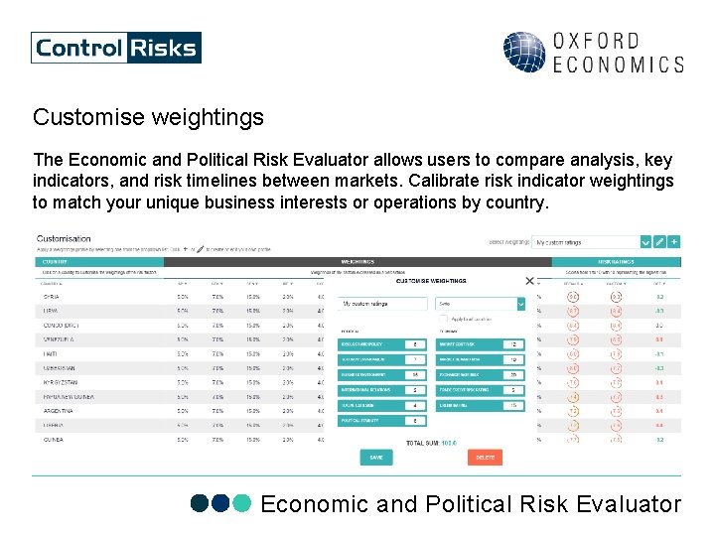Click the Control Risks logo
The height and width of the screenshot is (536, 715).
click(116, 48)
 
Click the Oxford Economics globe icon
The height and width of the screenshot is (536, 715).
click(523, 53)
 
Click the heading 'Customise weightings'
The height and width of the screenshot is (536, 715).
click(148, 117)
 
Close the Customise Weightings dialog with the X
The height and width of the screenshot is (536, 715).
click(529, 282)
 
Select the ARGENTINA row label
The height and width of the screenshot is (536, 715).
click(58, 410)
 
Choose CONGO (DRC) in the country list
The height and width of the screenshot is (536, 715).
click(60, 325)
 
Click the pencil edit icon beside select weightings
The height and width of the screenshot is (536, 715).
click(659, 241)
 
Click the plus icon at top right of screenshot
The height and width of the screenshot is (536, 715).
click(674, 241)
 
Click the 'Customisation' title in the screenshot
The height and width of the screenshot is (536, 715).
click(64, 238)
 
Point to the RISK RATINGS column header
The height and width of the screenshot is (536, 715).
click(622, 262)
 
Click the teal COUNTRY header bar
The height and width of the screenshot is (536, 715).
click(99, 262)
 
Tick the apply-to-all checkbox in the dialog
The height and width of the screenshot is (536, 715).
click(442, 319)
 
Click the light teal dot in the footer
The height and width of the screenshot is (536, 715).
click(242, 504)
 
